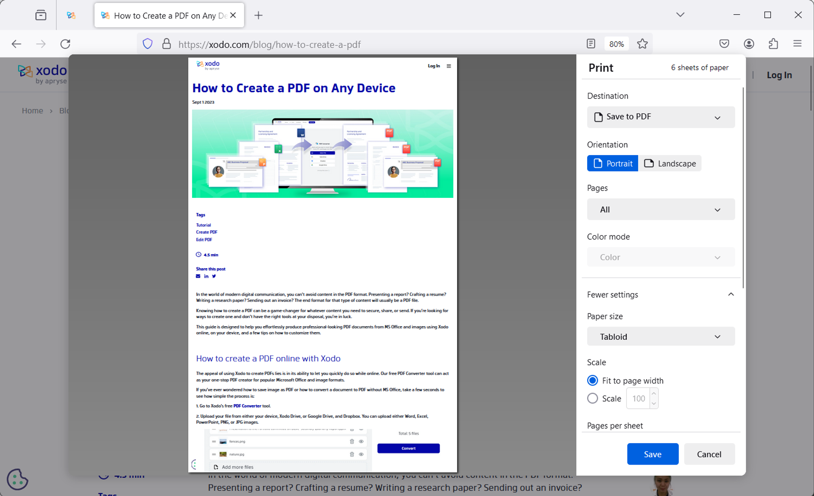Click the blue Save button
652,454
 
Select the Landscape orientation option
670,163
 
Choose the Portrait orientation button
613,163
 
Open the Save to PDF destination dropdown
661,117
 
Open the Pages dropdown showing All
661,210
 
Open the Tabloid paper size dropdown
661,337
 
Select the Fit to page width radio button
593,380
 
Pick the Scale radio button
593,399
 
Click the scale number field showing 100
638,399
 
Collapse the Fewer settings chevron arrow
731,294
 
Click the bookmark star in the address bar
642,44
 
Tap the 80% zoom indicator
616,44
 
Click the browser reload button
65,44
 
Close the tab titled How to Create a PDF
233,15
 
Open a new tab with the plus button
258,16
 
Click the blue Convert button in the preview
408,448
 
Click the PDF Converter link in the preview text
247,406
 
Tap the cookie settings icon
17,479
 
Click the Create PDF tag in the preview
206,232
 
